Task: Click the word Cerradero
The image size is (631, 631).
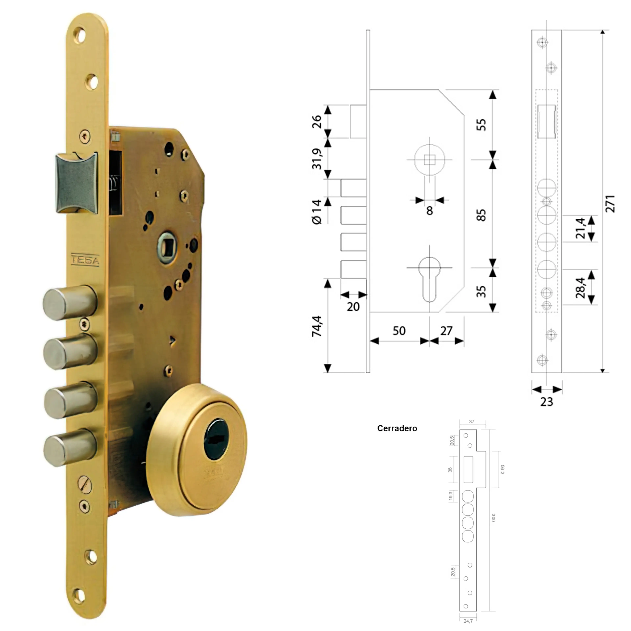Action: tap(397, 428)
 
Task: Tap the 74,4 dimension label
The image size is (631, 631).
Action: tap(317, 326)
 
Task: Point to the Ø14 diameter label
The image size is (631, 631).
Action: tap(317, 212)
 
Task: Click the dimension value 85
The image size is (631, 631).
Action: tap(481, 215)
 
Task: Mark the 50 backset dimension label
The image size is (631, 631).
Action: tap(399, 331)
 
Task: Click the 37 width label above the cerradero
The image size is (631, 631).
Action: tap(472, 422)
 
